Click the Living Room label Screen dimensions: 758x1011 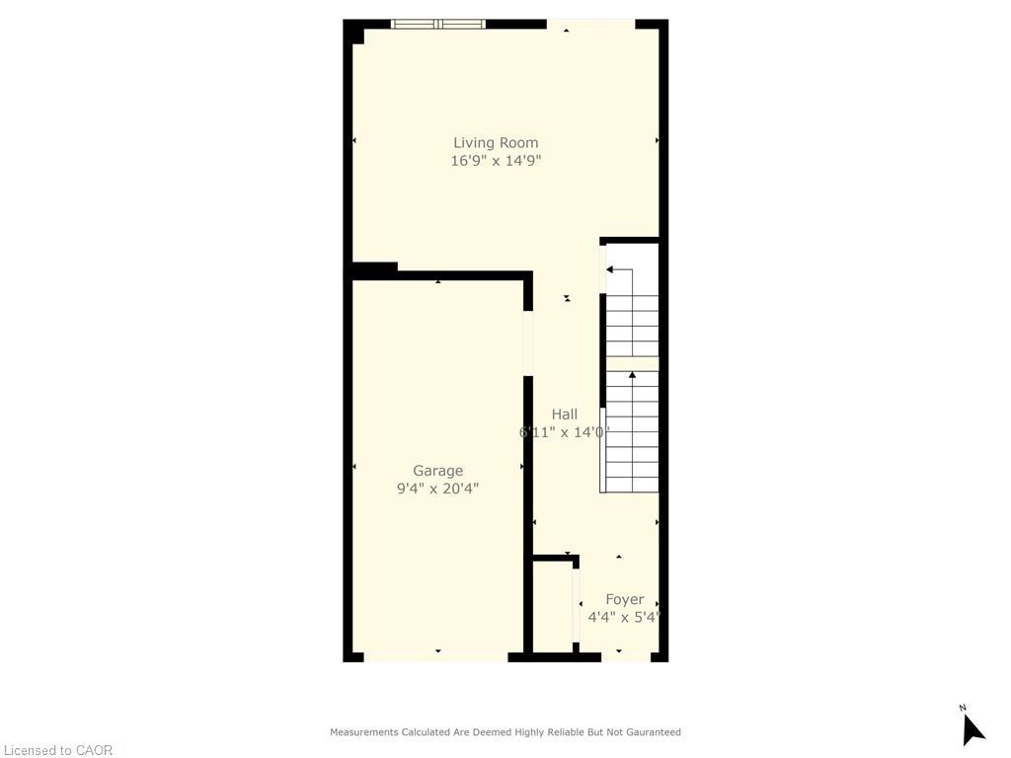click(496, 143)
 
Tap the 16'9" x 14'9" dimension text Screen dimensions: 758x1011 click(496, 161)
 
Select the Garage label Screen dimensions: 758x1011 click(437, 471)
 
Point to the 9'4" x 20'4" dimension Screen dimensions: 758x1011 click(437, 489)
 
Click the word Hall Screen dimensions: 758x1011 click(565, 415)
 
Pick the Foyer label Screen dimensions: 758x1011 click(624, 599)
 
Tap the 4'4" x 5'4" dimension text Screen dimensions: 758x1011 click(623, 618)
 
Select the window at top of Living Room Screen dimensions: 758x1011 click(438, 24)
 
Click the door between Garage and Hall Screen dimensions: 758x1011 click(528, 342)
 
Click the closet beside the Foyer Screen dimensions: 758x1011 click(553, 607)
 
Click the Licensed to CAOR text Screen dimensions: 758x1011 click(57, 750)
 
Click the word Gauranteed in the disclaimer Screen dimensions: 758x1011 click(650, 732)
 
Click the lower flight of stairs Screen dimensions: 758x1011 click(632, 434)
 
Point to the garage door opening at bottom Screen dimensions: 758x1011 click(435, 656)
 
